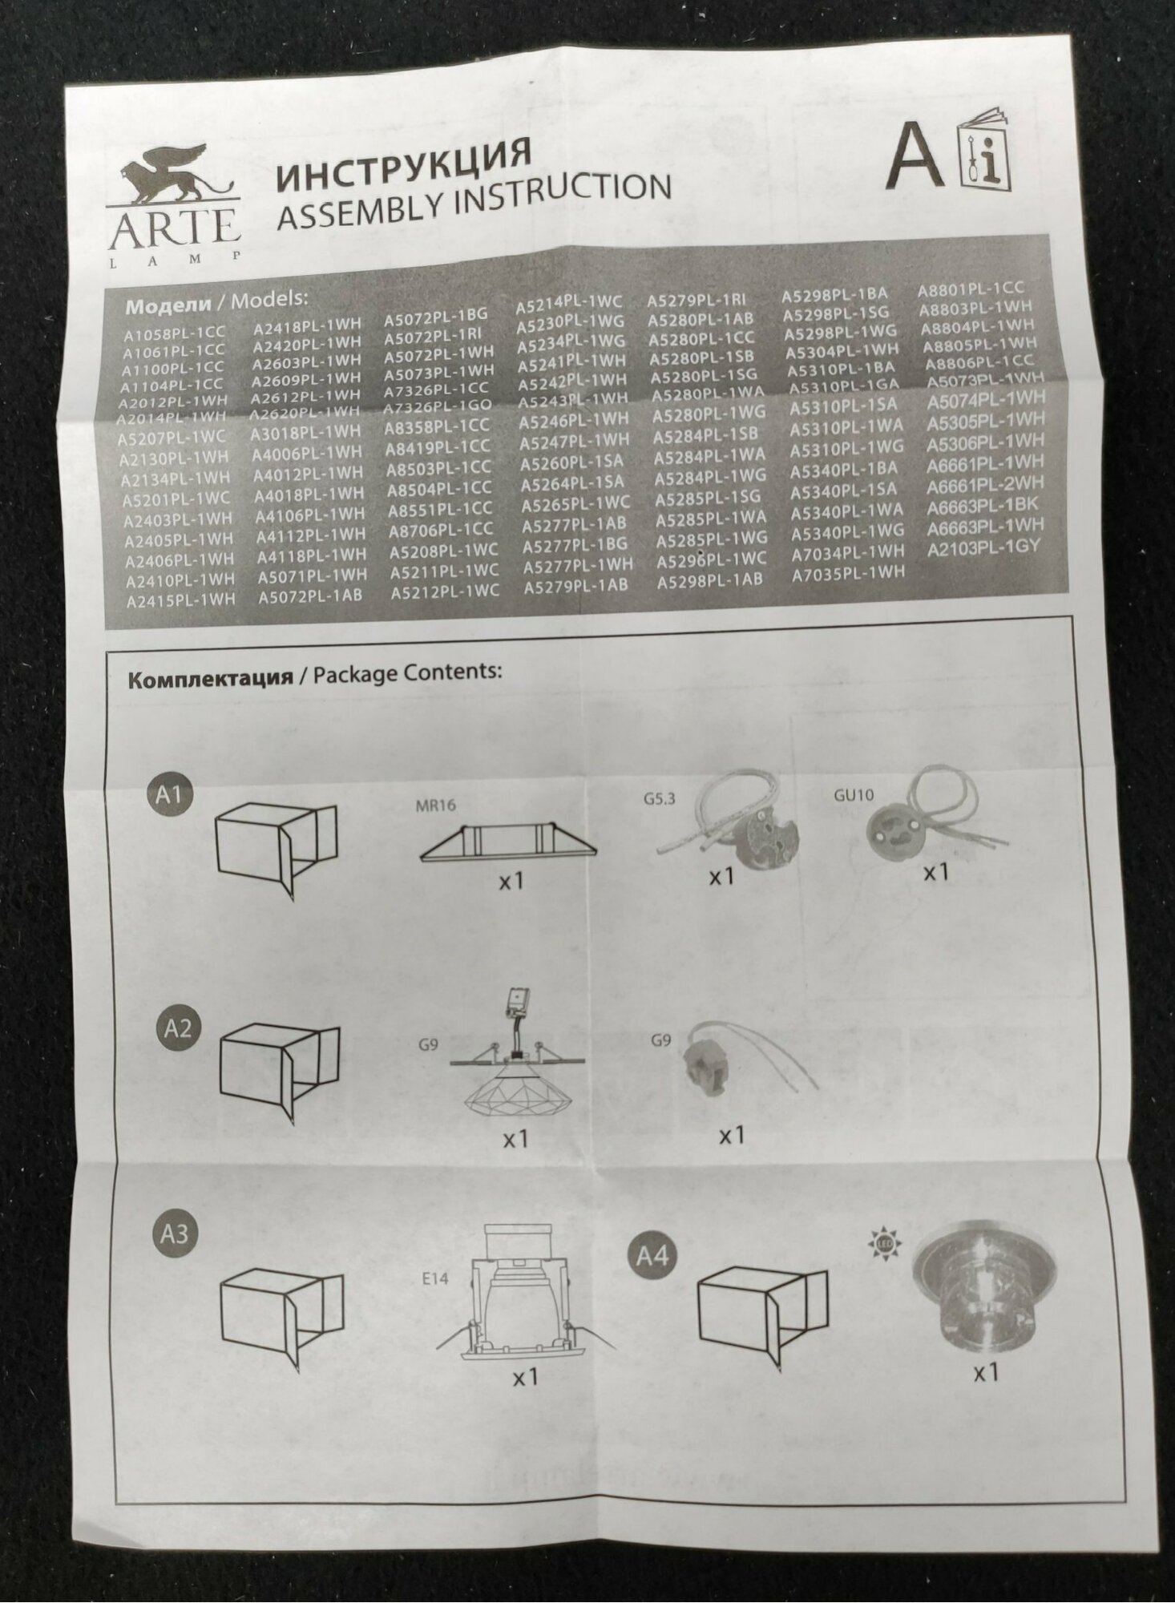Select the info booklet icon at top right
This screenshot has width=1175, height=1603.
click(x=985, y=153)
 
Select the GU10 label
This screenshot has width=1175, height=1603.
click(x=854, y=795)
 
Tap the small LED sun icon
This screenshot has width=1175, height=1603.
click(x=885, y=1243)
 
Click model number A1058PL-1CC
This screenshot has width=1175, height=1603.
click(x=174, y=332)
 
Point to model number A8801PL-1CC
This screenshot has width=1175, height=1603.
click(x=970, y=289)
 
